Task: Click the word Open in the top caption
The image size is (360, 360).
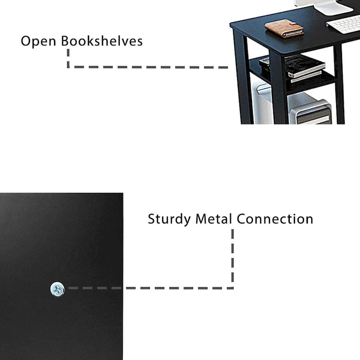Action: coord(39,41)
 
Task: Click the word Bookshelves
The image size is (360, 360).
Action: coord(102,41)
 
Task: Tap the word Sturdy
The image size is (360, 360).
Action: coord(170,220)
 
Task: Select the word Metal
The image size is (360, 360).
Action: coord(214,219)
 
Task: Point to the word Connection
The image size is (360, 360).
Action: coord(275,219)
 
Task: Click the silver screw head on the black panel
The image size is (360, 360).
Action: coord(58,288)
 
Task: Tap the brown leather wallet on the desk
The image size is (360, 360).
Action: coord(284,28)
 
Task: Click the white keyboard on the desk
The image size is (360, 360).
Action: coord(344,23)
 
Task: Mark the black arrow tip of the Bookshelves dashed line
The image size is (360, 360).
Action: coord(228,67)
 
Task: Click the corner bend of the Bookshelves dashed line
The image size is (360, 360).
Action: coord(68,67)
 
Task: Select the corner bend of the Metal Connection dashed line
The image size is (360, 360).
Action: coord(232,288)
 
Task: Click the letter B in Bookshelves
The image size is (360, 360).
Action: coord(66,41)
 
